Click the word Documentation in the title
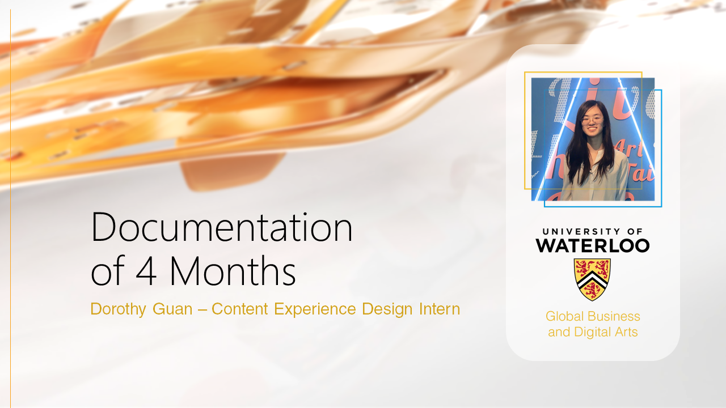coord(222,227)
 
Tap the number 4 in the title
coord(146,271)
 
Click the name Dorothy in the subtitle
coord(119,309)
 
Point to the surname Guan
coord(172,309)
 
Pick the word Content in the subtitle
coord(240,309)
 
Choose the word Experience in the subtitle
coord(315,309)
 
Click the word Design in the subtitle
coord(387,309)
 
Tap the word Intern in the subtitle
coord(440,309)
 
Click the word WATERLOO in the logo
coord(593,245)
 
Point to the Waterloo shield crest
coord(592,279)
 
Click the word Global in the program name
coord(564,316)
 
